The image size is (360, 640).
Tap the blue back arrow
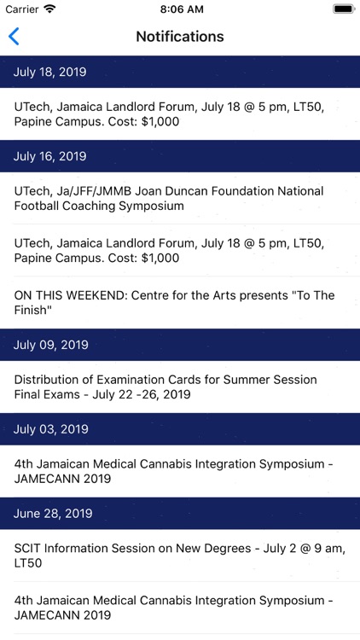pyautogui.click(x=14, y=37)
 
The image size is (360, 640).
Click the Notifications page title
pyautogui.click(x=180, y=37)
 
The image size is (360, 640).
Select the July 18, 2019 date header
pyautogui.click(x=180, y=73)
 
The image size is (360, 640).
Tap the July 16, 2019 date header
pyautogui.click(x=180, y=156)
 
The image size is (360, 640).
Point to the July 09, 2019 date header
pyautogui.click(x=180, y=345)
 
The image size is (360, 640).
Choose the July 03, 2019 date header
pyautogui.click(x=180, y=429)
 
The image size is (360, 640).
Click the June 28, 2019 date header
pyautogui.click(x=180, y=514)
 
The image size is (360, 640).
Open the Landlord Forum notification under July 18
pyautogui.click(x=180, y=114)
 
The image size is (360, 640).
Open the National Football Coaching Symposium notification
pyautogui.click(x=180, y=199)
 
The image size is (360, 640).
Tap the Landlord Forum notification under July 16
pyautogui.click(x=180, y=251)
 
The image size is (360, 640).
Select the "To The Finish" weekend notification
pyautogui.click(x=180, y=303)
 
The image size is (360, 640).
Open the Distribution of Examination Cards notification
pyautogui.click(x=180, y=387)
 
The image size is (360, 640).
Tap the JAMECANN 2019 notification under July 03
pyautogui.click(x=180, y=472)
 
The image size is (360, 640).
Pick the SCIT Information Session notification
pyautogui.click(x=180, y=556)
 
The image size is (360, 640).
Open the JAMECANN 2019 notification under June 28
pyautogui.click(x=180, y=608)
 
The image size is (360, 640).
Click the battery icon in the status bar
pyautogui.click(x=343, y=9)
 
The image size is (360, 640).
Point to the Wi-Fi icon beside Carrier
pyautogui.click(x=49, y=9)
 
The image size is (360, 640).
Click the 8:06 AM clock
pyautogui.click(x=180, y=9)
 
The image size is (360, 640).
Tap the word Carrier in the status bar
pyautogui.click(x=22, y=9)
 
